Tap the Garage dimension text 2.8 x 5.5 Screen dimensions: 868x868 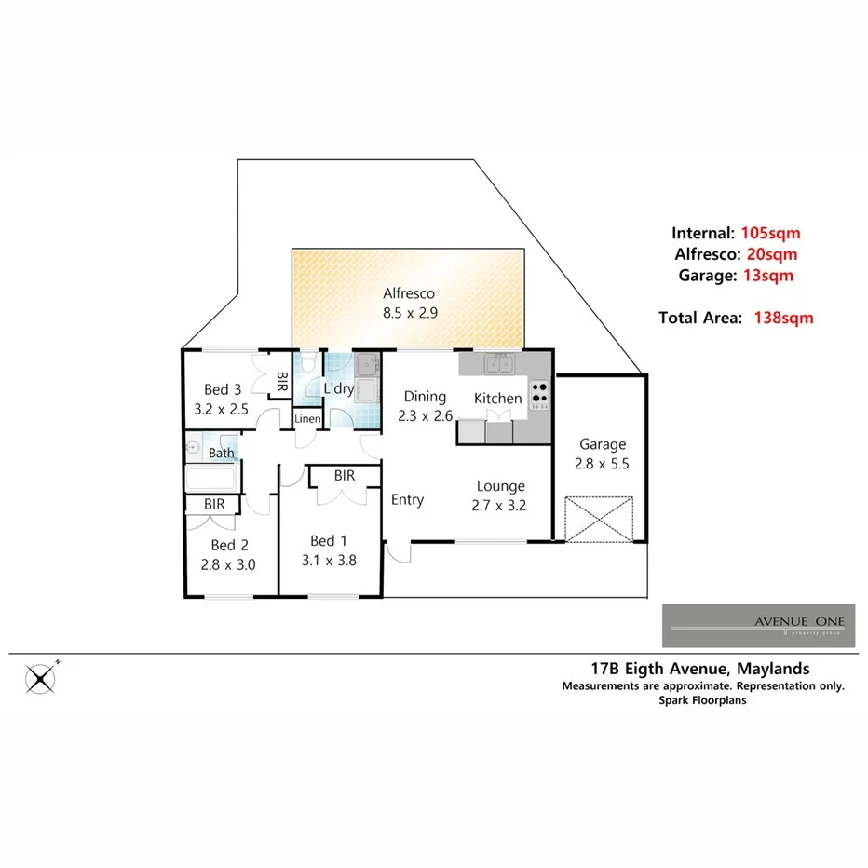[x=603, y=462]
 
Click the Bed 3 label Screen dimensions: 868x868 [x=224, y=389]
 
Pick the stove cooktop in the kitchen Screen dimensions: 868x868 [x=540, y=396]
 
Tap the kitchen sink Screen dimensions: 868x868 [x=501, y=364]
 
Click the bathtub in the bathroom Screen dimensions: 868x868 [x=213, y=479]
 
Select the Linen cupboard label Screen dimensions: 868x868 [x=307, y=419]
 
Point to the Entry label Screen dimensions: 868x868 [x=407, y=500]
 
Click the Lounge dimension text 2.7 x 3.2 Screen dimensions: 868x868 [x=501, y=508]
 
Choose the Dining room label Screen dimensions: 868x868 [x=424, y=397]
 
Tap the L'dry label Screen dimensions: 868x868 [x=338, y=388]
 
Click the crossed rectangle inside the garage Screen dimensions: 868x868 [x=601, y=519]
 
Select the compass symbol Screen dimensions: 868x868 [x=41, y=679]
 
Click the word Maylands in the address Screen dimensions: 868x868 [x=772, y=668]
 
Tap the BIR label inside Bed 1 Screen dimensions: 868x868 [x=344, y=476]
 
